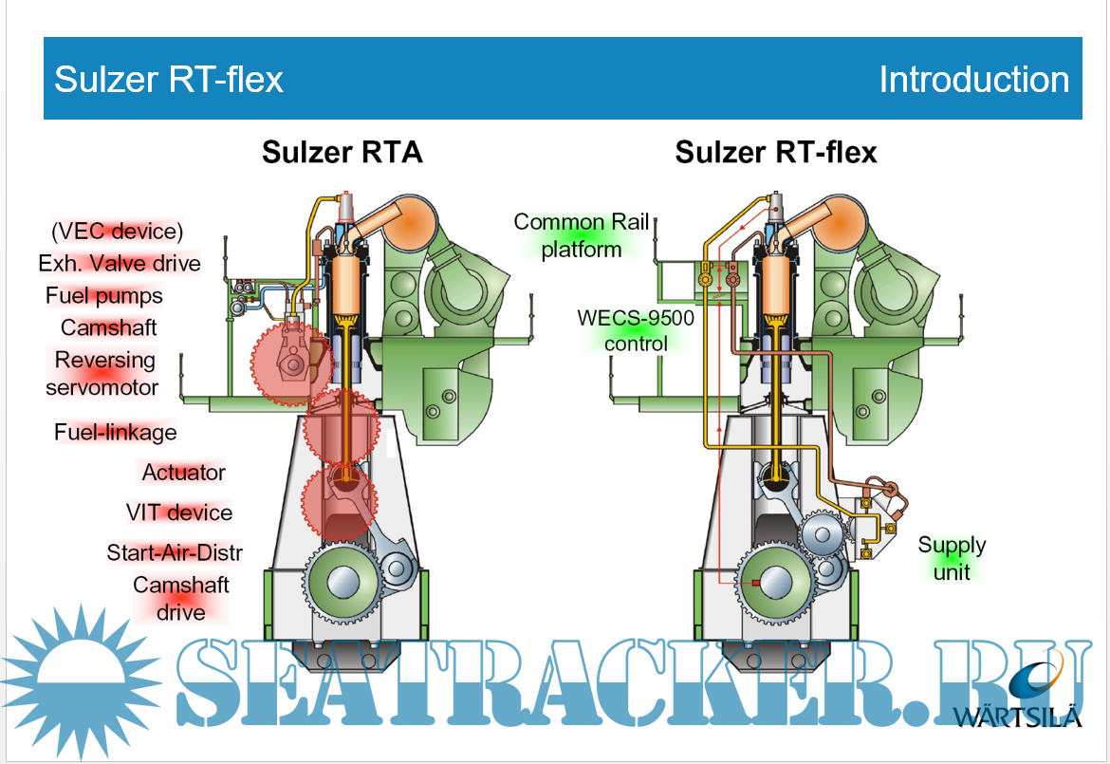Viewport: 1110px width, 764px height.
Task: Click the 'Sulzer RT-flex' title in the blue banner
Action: point(169,80)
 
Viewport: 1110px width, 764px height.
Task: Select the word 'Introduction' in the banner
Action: point(973,80)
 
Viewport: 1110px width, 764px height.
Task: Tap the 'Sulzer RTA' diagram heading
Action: point(342,152)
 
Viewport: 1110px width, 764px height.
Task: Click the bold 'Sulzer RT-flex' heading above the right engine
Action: point(775,152)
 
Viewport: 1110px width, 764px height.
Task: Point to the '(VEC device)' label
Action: point(117,231)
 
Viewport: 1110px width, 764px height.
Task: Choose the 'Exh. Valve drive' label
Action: point(120,263)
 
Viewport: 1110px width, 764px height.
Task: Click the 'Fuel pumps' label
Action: point(104,295)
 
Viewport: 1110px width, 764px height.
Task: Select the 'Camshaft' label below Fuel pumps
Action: point(109,327)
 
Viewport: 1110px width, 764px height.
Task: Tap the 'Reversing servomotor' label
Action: point(103,374)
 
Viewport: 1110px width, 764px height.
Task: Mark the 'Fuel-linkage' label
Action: point(116,433)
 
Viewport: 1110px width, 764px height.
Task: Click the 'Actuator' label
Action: point(184,472)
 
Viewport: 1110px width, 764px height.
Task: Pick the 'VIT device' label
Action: point(179,512)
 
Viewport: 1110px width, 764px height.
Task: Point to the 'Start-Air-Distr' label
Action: point(175,552)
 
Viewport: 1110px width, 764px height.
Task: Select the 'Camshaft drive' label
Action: point(181,599)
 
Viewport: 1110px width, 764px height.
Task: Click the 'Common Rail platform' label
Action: point(582,235)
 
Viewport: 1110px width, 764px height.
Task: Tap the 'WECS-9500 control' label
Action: point(636,330)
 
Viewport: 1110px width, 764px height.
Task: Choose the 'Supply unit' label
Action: point(952,558)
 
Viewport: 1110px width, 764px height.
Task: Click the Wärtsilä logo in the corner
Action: point(1029,698)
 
